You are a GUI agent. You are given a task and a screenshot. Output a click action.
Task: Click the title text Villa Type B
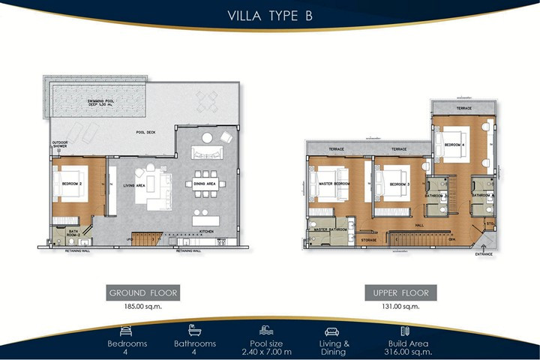point(270,17)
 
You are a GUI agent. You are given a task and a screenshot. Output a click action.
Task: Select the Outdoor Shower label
point(59,144)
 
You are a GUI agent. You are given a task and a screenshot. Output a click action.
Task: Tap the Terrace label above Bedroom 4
point(464,109)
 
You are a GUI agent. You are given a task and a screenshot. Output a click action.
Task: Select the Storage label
point(367,240)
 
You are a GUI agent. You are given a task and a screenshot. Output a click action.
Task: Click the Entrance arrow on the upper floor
point(485,246)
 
